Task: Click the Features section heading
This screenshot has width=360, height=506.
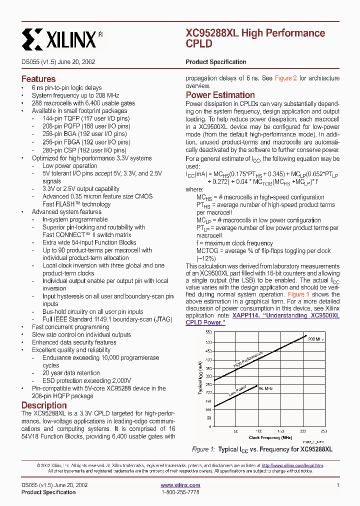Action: coord(38,79)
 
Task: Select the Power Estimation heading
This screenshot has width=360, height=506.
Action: coord(220,95)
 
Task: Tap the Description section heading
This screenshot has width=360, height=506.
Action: coord(44,405)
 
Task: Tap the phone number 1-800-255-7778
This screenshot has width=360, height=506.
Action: coord(180,492)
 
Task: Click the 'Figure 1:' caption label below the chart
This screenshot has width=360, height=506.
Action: coord(203,449)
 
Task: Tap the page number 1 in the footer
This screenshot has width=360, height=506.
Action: coord(338,485)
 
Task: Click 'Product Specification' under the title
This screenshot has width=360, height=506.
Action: coord(215,62)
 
